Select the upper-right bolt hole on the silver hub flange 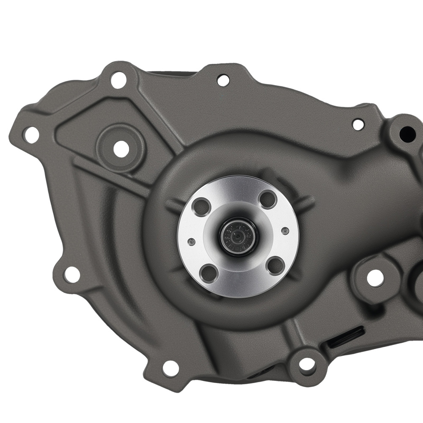tap(268, 199)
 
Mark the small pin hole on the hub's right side tap(285, 231)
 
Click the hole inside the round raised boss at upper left tap(121, 148)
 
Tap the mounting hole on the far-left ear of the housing tap(31, 135)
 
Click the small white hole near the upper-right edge tap(358, 124)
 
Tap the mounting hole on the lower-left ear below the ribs tap(72, 275)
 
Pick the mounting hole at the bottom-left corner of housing tap(170, 368)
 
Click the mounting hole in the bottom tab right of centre tap(307, 363)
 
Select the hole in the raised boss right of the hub tap(375, 277)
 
